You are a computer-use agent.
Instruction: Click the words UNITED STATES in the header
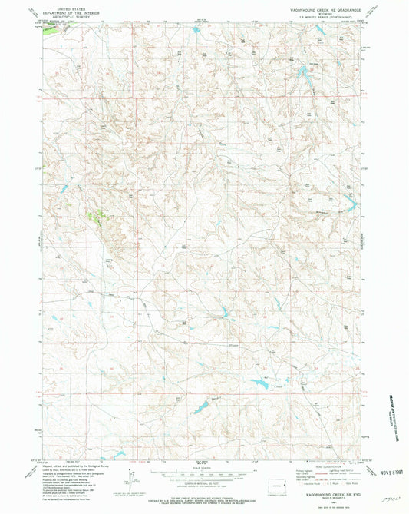pyautogui.click(x=64, y=5)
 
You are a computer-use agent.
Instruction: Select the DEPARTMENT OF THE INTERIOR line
pyautogui.click(x=64, y=8)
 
